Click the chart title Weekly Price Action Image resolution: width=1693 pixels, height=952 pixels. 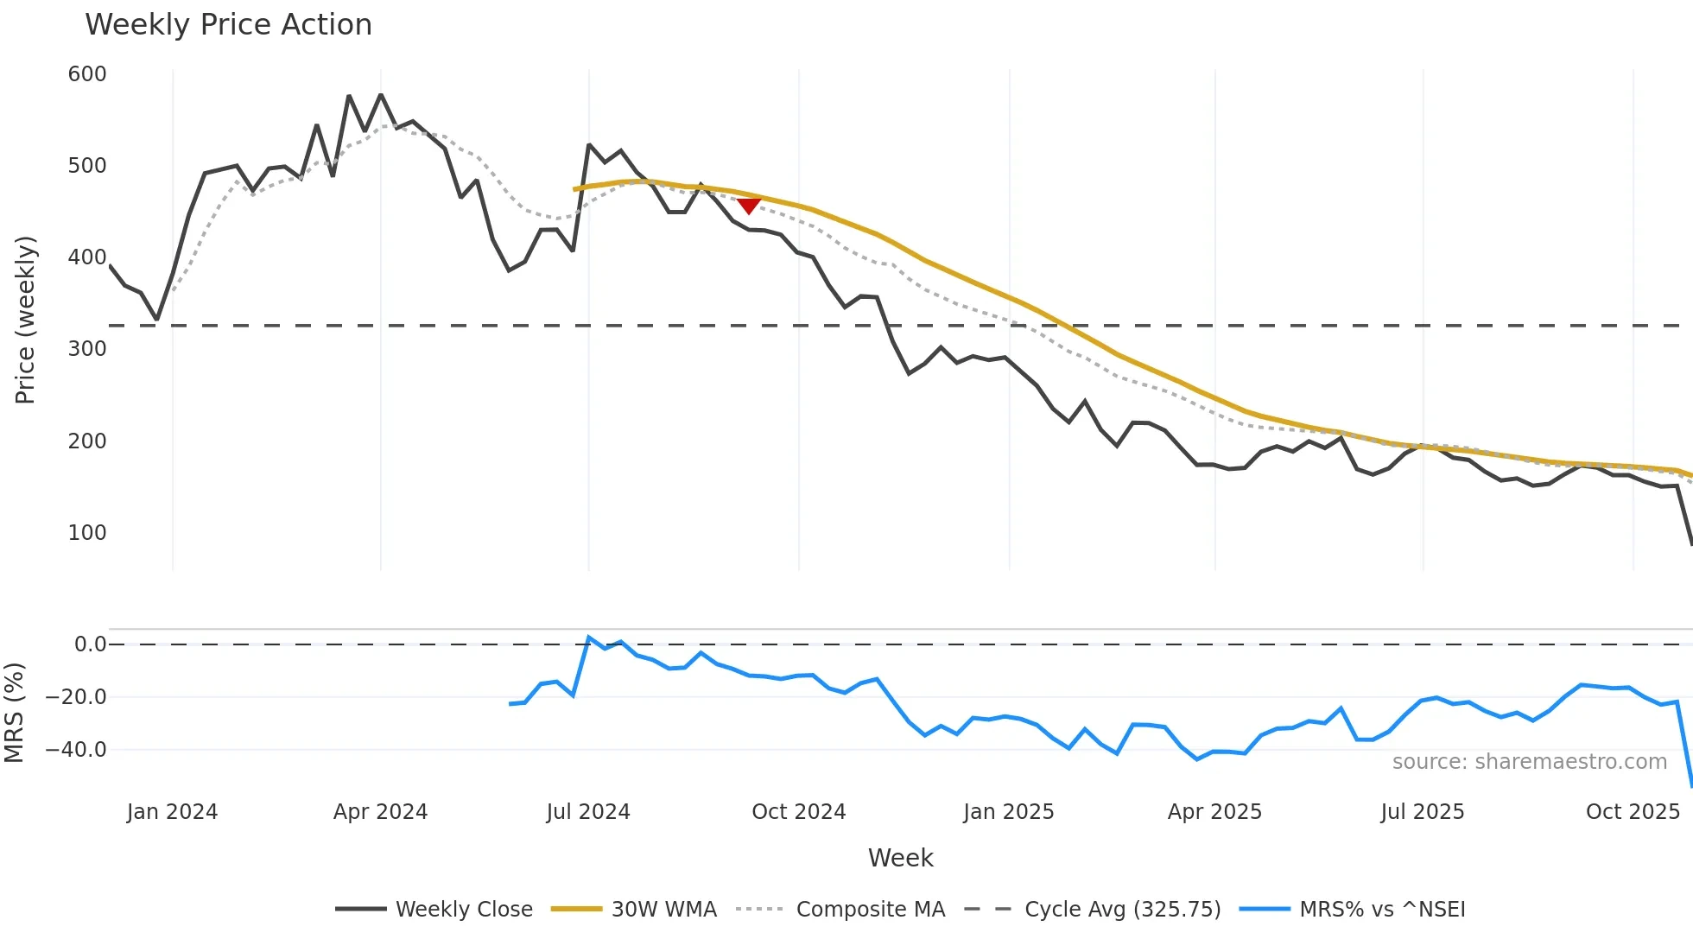228,25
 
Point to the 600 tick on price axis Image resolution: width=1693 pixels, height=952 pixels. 87,74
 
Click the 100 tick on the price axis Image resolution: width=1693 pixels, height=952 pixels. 87,533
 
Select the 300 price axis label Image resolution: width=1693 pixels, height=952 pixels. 87,349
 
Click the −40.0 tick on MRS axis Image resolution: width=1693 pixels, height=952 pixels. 76,750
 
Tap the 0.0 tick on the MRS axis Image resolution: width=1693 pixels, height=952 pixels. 90,644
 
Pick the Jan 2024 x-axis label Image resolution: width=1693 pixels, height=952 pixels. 172,812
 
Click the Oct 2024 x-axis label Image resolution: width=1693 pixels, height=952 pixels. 798,812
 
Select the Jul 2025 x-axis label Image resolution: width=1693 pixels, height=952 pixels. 1422,812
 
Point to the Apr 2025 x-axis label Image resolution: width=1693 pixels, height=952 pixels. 1214,812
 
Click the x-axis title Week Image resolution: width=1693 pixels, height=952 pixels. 900,858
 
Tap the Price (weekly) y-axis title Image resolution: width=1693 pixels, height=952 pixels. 26,320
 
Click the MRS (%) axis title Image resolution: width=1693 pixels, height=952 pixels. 15,713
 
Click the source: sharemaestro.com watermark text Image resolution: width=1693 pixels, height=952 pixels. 1529,762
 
